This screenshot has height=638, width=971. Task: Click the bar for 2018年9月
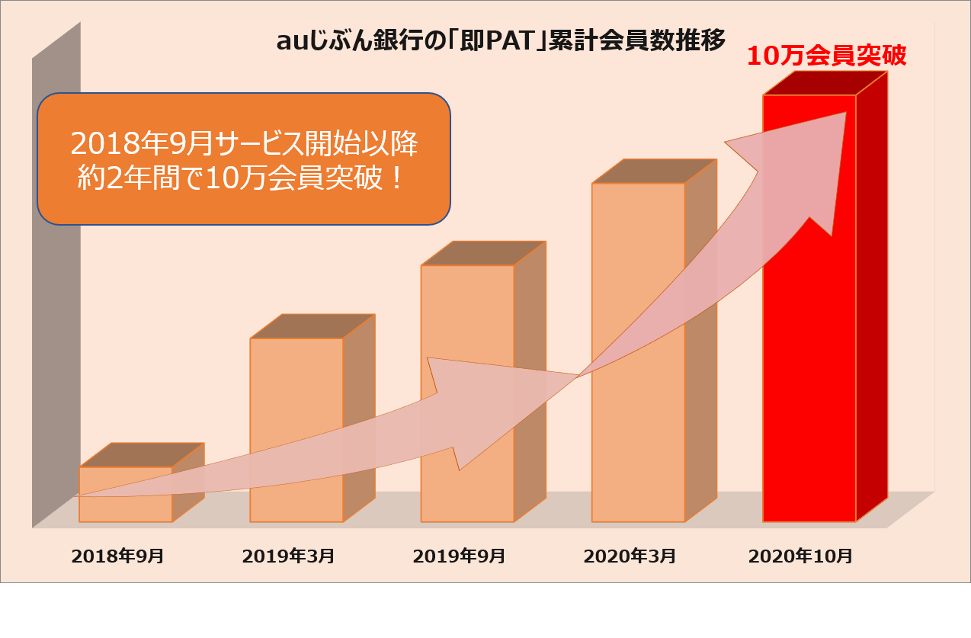(126, 509)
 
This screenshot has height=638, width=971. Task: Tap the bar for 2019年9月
(467, 320)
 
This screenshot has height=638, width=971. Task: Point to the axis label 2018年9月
(117, 556)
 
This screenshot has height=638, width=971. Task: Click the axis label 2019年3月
(288, 556)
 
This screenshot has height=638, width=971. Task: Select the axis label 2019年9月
(459, 556)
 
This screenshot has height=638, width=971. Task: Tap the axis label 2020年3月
(630, 556)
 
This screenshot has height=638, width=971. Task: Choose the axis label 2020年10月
(801, 556)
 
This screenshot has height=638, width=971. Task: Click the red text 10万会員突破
(826, 56)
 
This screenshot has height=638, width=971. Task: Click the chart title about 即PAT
(501, 40)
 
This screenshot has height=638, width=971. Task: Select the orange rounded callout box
(244, 159)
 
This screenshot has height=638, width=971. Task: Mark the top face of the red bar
(825, 83)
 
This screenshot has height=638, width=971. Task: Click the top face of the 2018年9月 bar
(142, 454)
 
